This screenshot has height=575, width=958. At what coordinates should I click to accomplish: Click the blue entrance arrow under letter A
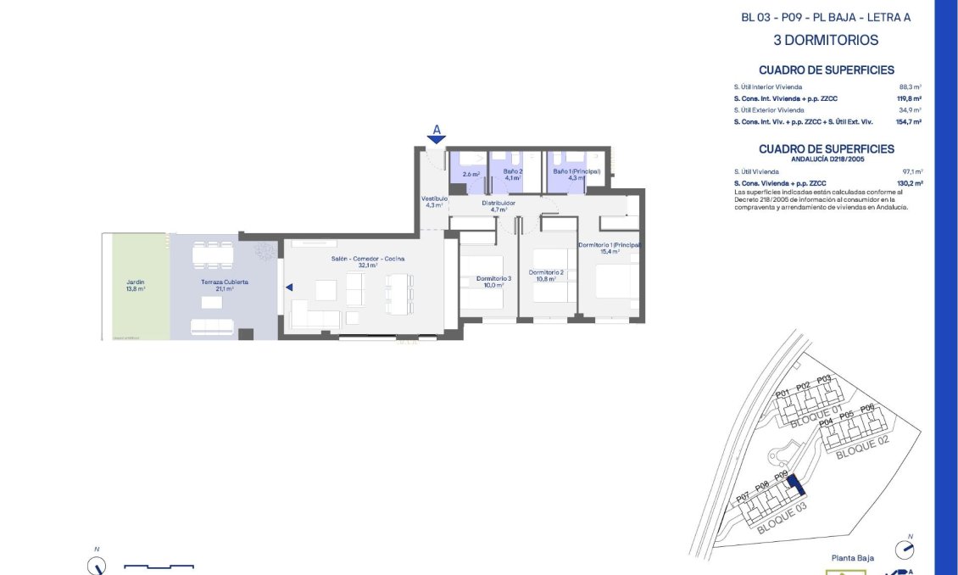click(437, 140)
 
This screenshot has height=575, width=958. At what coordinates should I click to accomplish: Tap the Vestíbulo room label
click(434, 201)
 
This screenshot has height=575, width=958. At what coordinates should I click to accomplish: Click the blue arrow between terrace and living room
click(289, 287)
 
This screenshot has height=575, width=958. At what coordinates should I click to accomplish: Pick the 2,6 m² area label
click(471, 175)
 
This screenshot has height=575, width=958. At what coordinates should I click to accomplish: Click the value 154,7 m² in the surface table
click(908, 122)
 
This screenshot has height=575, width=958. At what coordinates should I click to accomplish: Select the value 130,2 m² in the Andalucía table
click(909, 183)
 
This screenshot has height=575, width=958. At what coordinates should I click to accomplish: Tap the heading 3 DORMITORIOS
click(826, 40)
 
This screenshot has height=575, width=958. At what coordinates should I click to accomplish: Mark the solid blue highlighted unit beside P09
click(795, 485)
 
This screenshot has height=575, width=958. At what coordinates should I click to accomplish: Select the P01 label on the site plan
click(783, 392)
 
